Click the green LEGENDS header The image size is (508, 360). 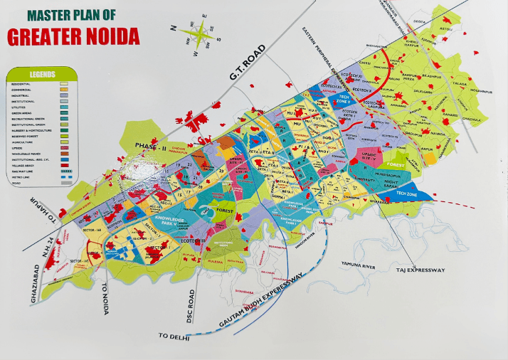point(41,73)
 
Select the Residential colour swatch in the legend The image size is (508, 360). point(63,84)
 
